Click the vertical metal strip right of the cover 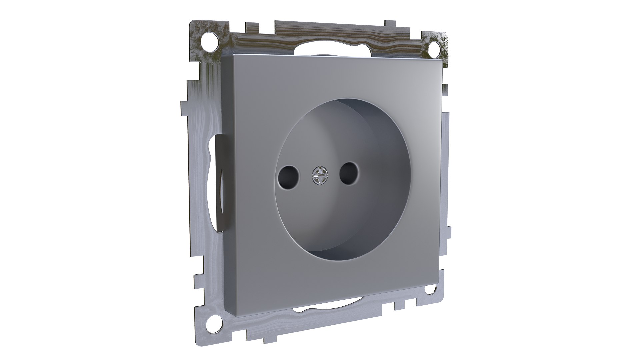446,167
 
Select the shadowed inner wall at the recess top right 377,133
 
